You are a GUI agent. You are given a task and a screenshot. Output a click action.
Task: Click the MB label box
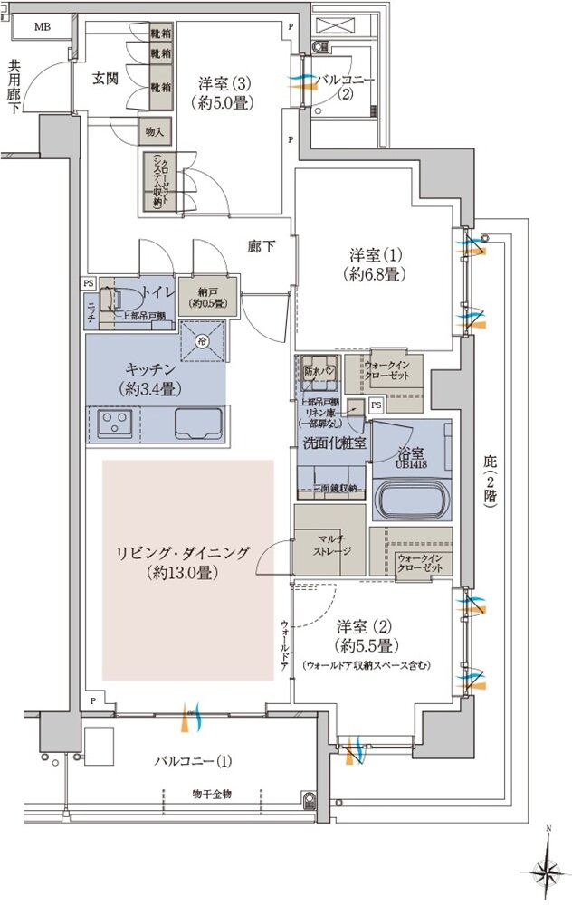pos(43,27)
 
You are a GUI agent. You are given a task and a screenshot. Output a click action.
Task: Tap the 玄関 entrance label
pos(105,78)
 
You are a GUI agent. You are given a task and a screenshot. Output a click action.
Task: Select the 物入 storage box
pos(154,131)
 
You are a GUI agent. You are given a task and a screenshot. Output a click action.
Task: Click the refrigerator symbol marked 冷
pos(202,341)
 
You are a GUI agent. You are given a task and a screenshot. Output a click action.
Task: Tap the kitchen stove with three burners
pos(115,421)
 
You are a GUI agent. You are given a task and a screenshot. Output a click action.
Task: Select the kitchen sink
pos(198,422)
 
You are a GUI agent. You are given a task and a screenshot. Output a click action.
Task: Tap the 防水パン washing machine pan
pos(319,372)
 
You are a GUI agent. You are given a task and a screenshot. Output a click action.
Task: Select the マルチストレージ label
pos(330,544)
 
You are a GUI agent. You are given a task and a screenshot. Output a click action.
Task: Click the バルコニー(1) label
pos(193,760)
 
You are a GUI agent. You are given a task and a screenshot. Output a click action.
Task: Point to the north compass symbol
pos(547,870)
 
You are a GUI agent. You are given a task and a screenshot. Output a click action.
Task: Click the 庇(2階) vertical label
pos(490,484)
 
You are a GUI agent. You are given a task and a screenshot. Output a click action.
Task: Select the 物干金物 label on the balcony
pos(212,794)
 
